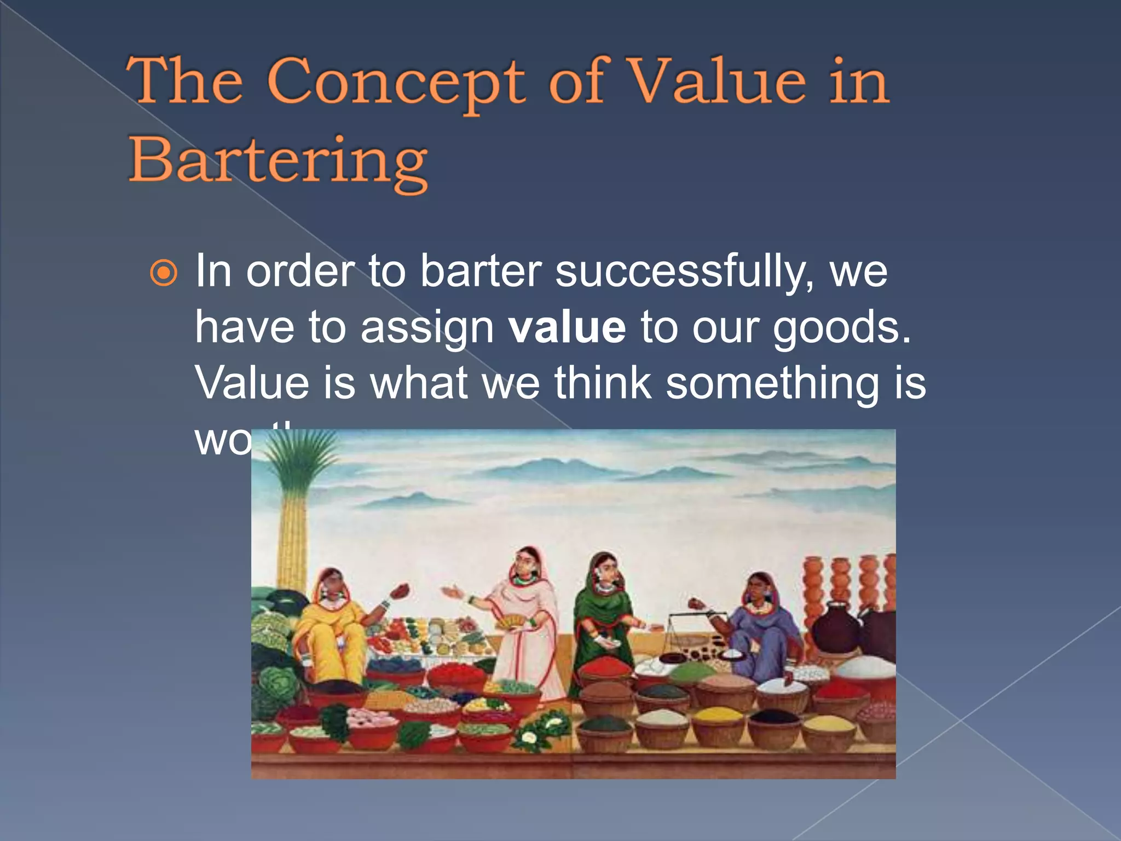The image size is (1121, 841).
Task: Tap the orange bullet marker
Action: [164, 273]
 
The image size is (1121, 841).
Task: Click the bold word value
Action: [567, 327]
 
